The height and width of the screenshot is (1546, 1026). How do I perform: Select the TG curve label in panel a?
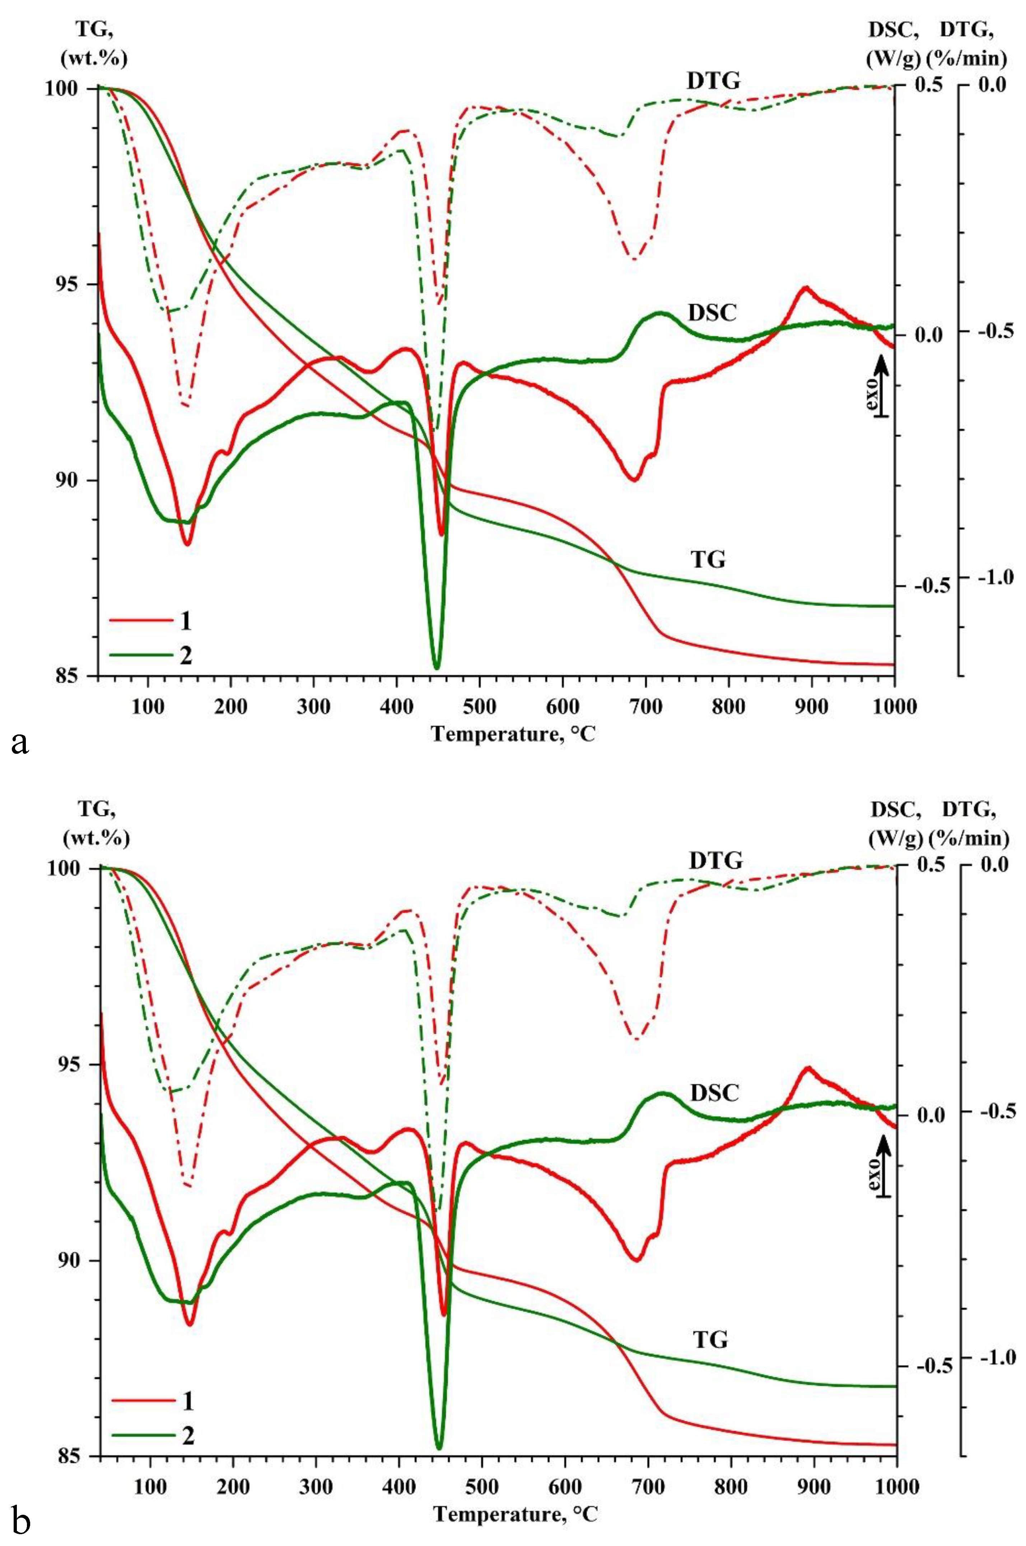[x=708, y=560]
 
